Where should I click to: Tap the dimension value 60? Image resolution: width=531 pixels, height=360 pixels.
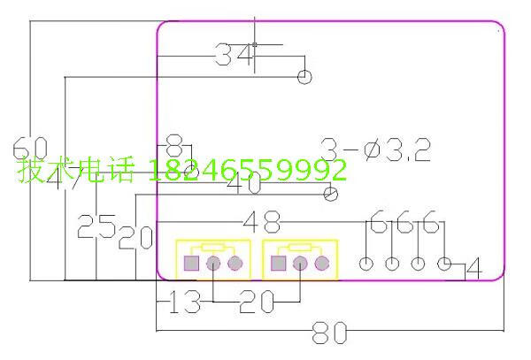point(29,148)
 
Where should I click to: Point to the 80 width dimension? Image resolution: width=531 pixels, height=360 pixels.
point(328,333)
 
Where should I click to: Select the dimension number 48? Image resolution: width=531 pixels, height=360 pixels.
point(262,221)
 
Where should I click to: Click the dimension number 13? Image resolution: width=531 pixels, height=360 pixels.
point(184,303)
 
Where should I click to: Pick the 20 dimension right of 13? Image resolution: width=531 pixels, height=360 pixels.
point(257,303)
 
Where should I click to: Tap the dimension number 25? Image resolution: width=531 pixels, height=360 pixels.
point(96,227)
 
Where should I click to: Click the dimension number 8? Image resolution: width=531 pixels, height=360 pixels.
point(174,143)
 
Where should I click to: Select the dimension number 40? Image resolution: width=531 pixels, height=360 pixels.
point(243,186)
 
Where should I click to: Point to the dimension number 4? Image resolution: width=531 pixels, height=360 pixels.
point(473,268)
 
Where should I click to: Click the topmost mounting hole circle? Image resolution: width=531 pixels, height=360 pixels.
point(304,77)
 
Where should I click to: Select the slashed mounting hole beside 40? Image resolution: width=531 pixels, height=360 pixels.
point(332,194)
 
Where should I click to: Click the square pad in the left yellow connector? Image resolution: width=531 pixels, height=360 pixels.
point(190,264)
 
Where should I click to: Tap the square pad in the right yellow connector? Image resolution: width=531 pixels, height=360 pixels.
point(278,264)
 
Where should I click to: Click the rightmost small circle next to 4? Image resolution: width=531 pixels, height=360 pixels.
point(445,264)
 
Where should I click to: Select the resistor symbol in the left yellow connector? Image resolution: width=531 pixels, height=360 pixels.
point(212,248)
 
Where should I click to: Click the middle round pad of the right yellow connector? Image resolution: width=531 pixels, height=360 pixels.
point(299,264)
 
